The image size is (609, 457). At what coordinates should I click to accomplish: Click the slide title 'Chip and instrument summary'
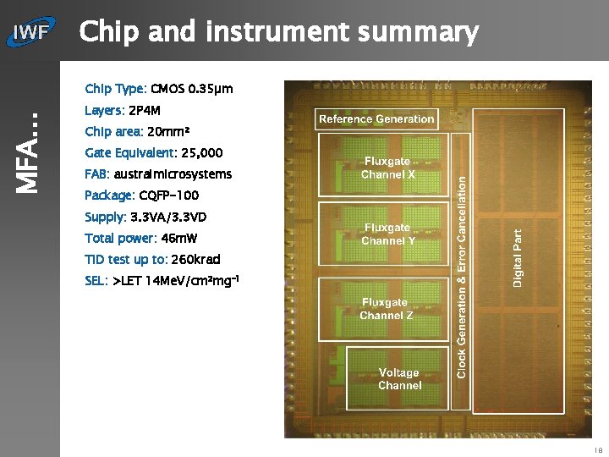[278, 33]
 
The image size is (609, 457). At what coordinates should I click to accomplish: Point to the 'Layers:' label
[104, 111]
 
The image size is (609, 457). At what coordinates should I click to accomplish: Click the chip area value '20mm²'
[168, 132]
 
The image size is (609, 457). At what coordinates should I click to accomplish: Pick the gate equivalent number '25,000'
[202, 153]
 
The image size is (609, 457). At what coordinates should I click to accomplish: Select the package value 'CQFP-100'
[168, 195]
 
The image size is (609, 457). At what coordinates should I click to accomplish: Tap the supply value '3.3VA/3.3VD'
[167, 217]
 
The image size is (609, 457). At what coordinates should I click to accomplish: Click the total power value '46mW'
[178, 239]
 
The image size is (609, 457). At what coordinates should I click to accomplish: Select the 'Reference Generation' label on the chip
[376, 119]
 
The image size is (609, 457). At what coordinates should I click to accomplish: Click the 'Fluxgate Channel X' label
[387, 168]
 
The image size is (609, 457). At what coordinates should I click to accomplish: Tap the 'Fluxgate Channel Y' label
[387, 234]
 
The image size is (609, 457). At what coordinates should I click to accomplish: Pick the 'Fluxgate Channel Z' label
[387, 309]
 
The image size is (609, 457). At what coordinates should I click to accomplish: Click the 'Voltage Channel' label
[399, 379]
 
